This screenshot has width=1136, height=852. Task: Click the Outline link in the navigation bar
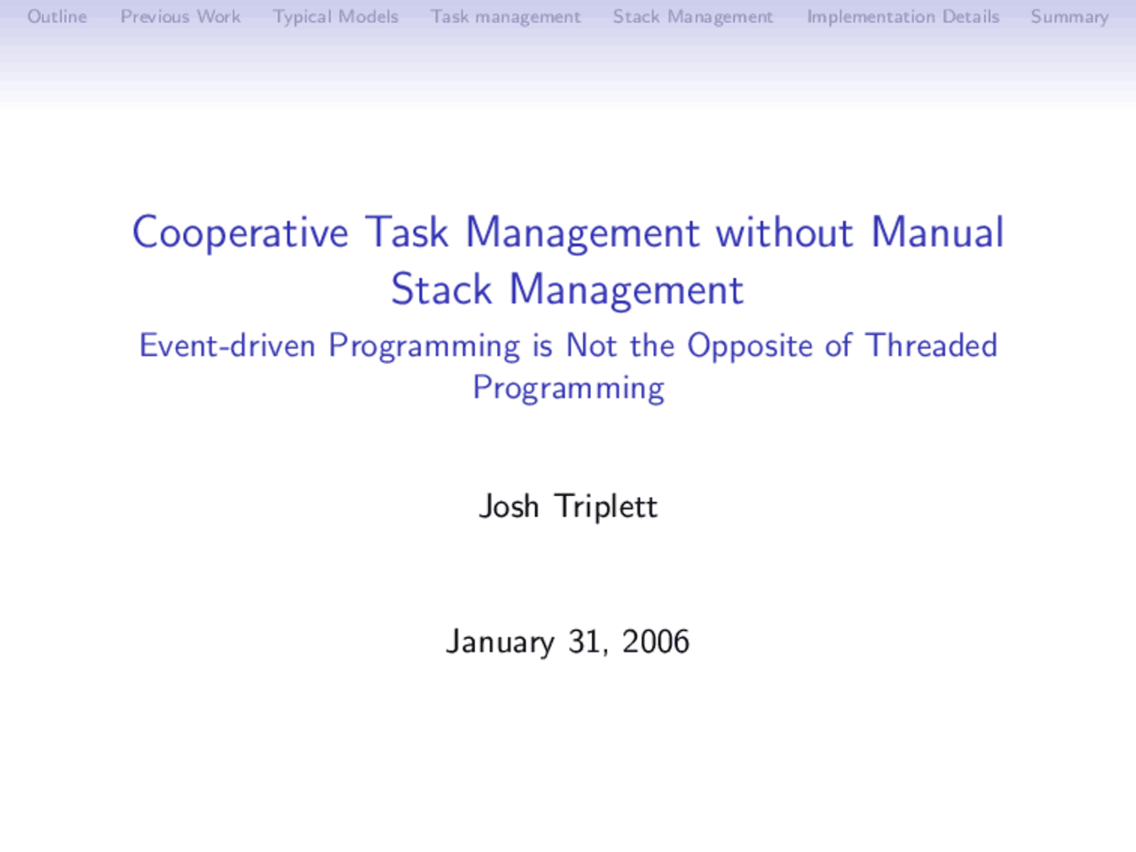click(x=57, y=17)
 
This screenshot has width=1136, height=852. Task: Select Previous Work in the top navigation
click(x=180, y=17)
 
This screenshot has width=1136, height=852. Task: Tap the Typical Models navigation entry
click(x=335, y=17)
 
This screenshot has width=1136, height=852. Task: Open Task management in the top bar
click(x=505, y=17)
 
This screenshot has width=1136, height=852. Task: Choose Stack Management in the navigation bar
click(x=692, y=17)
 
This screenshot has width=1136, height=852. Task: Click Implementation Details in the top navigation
click(x=903, y=17)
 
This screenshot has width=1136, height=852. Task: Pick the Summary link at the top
click(x=1069, y=17)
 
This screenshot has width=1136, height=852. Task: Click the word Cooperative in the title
click(x=241, y=233)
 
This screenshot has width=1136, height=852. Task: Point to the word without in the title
click(x=785, y=233)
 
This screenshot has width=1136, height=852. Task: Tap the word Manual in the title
click(x=937, y=233)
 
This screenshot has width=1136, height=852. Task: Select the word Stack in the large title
click(x=441, y=290)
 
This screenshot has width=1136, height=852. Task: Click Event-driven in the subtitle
click(x=226, y=345)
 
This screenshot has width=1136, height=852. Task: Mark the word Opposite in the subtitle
click(x=750, y=346)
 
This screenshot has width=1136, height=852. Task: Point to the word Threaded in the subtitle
click(x=931, y=345)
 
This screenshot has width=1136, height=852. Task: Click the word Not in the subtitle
click(x=591, y=345)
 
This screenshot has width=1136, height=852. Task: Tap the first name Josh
click(x=509, y=506)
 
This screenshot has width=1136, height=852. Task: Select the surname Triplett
click(x=605, y=507)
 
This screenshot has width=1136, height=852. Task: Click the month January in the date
click(x=500, y=642)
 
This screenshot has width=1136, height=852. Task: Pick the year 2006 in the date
click(x=655, y=642)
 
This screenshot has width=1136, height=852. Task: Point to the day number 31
click(x=586, y=642)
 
